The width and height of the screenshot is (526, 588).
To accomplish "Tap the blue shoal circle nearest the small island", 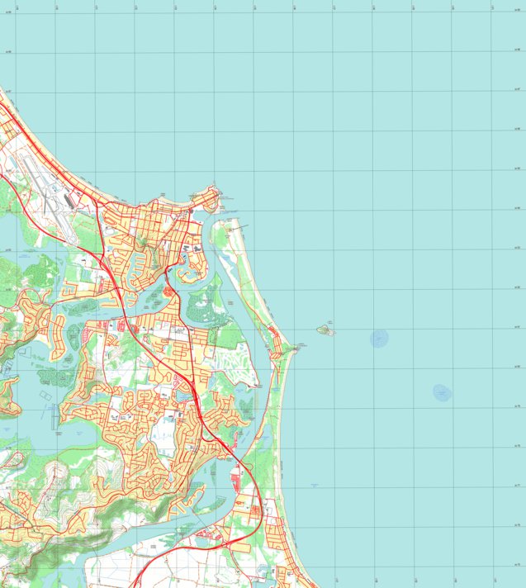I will click(379, 337).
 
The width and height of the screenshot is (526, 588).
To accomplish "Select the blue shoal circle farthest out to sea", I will click(443, 392).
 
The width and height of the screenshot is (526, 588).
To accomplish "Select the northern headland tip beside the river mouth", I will click(218, 192).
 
